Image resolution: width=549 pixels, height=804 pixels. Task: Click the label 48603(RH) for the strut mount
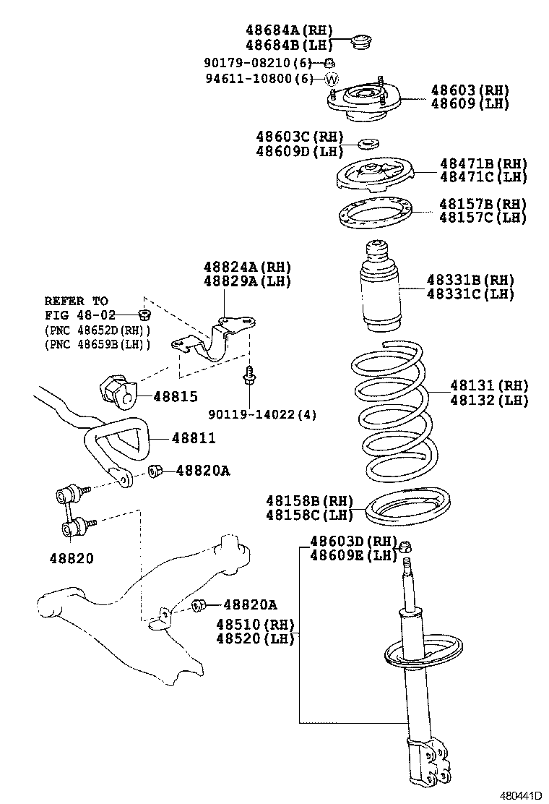point(470,90)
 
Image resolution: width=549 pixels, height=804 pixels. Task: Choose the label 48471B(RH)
point(483,163)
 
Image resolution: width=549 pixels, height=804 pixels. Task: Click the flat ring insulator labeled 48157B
point(375,211)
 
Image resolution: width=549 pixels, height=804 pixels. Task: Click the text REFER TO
point(76,301)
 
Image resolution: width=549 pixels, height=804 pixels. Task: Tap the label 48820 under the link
point(72,558)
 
